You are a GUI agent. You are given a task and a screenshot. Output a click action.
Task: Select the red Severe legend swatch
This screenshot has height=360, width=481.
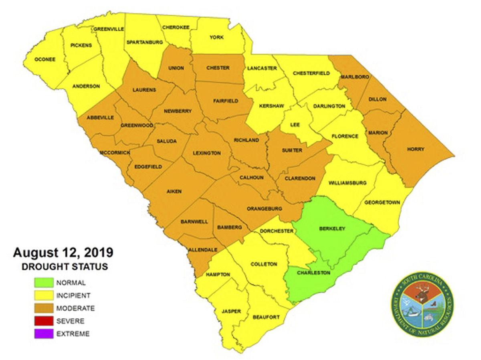pyautogui.click(x=44, y=321)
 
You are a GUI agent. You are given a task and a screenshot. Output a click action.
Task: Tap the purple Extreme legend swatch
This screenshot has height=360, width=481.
pyautogui.click(x=44, y=334)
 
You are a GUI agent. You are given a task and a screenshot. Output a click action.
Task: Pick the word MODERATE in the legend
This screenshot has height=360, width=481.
pyautogui.click(x=76, y=308)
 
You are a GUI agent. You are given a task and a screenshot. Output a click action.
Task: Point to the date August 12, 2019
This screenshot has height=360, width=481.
pyautogui.click(x=63, y=253)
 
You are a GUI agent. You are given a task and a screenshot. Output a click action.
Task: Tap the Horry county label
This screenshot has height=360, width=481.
pyautogui.click(x=416, y=149)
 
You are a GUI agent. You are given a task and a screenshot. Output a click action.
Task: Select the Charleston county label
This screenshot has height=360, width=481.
pyautogui.click(x=313, y=273)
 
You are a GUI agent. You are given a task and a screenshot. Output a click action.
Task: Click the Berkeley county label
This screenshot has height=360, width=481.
pyautogui.click(x=332, y=229)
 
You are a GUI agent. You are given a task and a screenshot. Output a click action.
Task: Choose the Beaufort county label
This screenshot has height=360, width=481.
pyautogui.click(x=266, y=317)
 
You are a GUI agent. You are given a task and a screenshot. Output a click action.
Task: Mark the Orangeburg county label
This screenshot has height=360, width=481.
pyautogui.click(x=265, y=208)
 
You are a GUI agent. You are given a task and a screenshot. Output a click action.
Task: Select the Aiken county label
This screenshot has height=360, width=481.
pyautogui.click(x=174, y=192)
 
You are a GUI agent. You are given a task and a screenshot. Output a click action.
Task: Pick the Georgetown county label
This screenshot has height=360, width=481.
pyautogui.click(x=382, y=202)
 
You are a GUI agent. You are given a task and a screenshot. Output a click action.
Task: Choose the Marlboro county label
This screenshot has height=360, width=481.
pyautogui.click(x=355, y=76)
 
